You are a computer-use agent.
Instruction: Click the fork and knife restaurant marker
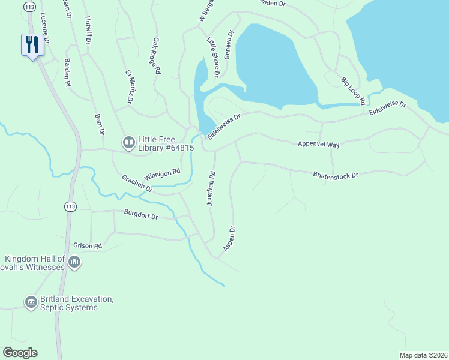point(32,44)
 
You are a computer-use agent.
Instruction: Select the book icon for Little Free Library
point(128,142)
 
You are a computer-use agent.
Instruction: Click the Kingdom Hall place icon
point(74,262)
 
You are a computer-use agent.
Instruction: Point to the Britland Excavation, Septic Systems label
point(68,303)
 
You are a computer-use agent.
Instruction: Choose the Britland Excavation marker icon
point(31,301)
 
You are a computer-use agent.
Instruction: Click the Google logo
point(20,353)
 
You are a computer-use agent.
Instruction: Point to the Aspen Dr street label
point(228,238)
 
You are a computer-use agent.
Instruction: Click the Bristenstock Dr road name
point(335,175)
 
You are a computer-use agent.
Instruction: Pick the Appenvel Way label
point(319,145)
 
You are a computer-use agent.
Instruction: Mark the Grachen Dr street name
point(136,183)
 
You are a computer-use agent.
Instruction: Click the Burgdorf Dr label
point(141,214)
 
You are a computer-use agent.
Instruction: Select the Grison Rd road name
point(88,245)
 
